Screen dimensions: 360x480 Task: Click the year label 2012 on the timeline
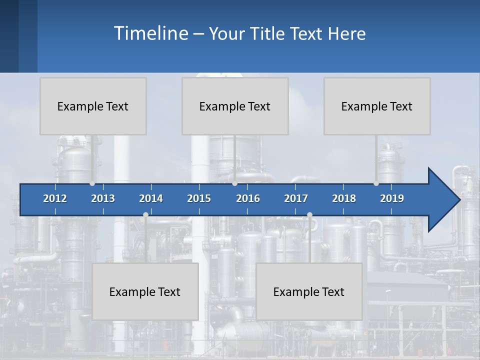click(55, 198)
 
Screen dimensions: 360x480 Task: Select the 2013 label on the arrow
click(103, 198)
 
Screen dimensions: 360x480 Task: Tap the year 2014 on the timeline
click(151, 198)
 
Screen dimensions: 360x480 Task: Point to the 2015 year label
click(199, 198)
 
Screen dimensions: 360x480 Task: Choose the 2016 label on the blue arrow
click(248, 198)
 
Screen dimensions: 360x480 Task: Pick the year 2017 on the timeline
click(296, 198)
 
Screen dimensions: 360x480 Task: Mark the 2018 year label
click(344, 198)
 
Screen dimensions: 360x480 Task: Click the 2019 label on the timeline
click(392, 198)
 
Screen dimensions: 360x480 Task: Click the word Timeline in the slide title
click(150, 33)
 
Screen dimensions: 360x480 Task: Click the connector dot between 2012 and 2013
click(92, 183)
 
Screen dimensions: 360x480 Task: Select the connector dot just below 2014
click(145, 214)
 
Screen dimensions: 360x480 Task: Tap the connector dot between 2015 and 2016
click(234, 183)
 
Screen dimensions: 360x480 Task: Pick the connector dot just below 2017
click(309, 214)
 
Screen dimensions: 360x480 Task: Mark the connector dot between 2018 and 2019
click(376, 183)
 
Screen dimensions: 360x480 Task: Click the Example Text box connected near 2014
click(145, 291)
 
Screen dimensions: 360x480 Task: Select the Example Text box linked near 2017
click(309, 291)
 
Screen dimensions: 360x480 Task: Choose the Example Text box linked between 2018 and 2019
click(377, 106)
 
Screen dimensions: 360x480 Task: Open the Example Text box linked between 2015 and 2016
click(235, 106)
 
